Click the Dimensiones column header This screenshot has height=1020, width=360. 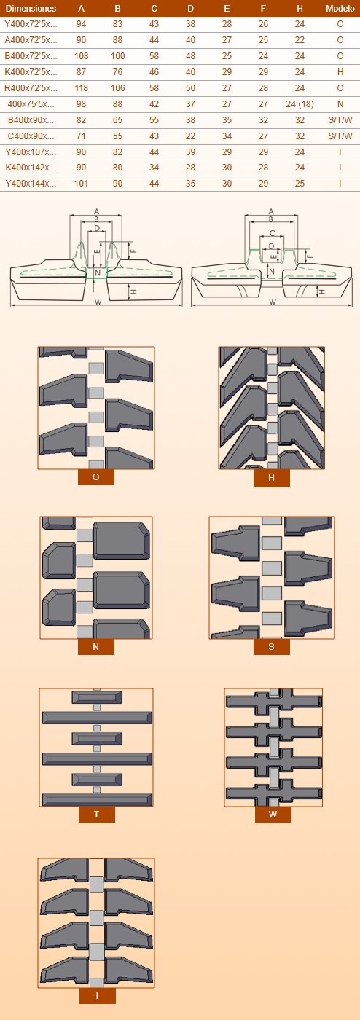pos(31,9)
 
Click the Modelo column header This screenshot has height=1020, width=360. pos(340,9)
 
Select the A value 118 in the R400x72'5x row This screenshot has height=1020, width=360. pos(81,88)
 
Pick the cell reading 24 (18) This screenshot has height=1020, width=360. pos(300,103)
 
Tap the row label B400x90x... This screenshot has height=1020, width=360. pos(31,120)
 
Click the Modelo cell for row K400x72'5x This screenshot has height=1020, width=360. pos(340,72)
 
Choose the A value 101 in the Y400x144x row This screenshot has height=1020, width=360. pos(81,184)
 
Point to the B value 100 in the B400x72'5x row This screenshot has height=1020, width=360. pos(117,56)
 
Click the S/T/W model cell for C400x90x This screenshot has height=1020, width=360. pos(340,136)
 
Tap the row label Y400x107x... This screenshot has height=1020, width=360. pos(31,152)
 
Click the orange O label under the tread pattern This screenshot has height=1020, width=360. pos(95,477)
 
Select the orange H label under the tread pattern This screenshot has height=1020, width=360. pos(272,478)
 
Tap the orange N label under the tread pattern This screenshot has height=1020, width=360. pos(95,647)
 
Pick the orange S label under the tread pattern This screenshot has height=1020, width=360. pos(272,647)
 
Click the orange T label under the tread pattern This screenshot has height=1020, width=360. pos(97,815)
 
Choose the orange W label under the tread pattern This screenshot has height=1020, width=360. pos(273,815)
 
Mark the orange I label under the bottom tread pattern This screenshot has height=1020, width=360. pos(97,996)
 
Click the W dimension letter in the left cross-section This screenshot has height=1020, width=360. pos(98,302)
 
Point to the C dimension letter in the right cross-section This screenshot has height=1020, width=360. pos(272,233)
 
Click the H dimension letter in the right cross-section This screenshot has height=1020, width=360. pos(321,291)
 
